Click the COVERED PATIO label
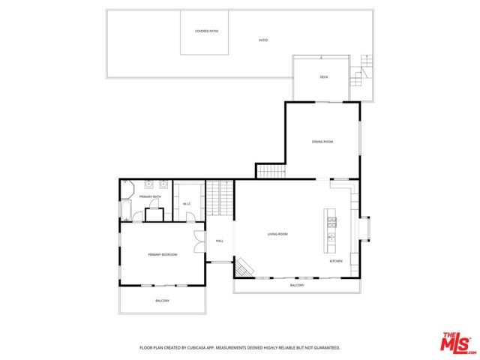[x=206, y=31]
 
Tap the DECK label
[x=324, y=77]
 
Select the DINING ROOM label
[x=322, y=142]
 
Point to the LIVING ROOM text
[x=277, y=234]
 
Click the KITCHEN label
[x=336, y=261]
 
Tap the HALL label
[x=220, y=241]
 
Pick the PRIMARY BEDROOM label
[x=162, y=255]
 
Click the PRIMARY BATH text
[x=150, y=196]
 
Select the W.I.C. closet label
[x=187, y=204]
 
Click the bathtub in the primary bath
[x=125, y=208]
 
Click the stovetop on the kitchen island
[x=331, y=221]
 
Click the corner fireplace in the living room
[x=244, y=266]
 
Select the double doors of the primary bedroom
[x=197, y=243]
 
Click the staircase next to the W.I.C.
[x=220, y=200]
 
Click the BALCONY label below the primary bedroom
[x=162, y=301]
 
